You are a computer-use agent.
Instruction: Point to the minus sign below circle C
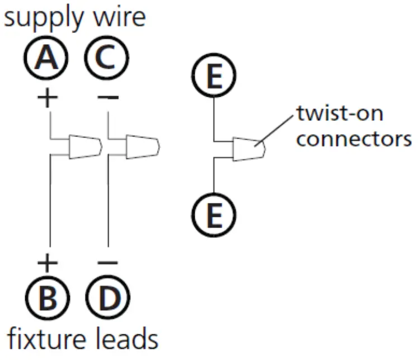tap(107, 98)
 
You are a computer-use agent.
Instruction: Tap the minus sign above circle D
tap(107, 262)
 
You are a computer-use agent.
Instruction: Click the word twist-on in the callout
tap(340, 115)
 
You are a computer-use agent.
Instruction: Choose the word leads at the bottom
tap(125, 338)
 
